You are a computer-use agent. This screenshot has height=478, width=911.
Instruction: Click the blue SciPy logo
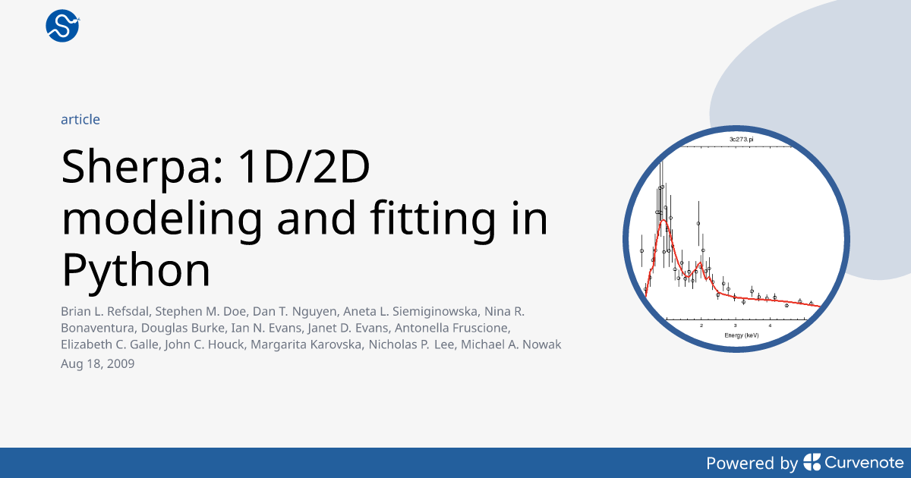[x=62, y=26]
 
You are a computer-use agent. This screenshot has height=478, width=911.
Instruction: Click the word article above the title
[x=80, y=120]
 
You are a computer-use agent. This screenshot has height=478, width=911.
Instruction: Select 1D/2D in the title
[x=304, y=167]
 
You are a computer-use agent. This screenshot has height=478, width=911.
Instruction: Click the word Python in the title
[x=136, y=271]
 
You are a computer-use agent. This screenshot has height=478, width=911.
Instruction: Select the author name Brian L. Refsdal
[x=105, y=311]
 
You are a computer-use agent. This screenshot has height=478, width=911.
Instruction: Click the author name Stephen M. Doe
[x=200, y=311]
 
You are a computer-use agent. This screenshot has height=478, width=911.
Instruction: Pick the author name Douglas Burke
[x=183, y=328]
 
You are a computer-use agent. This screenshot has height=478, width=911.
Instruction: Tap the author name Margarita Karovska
[x=306, y=344]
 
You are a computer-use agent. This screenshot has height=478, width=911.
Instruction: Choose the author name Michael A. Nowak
[x=511, y=344]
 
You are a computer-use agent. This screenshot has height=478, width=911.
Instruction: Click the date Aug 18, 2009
[x=98, y=363]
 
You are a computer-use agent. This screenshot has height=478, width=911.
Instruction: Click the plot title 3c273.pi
[x=741, y=139]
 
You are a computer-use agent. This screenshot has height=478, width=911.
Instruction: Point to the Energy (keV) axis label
[x=742, y=335]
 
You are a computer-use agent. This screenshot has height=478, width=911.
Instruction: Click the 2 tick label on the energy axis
[x=701, y=325]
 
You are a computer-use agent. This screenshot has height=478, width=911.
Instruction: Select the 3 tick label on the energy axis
[x=736, y=325]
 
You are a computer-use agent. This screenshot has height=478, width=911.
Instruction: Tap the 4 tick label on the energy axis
[x=770, y=325]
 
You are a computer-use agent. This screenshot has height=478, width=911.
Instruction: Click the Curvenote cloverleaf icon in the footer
[x=812, y=462]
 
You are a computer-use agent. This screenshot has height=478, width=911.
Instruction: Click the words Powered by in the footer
[x=752, y=464]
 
